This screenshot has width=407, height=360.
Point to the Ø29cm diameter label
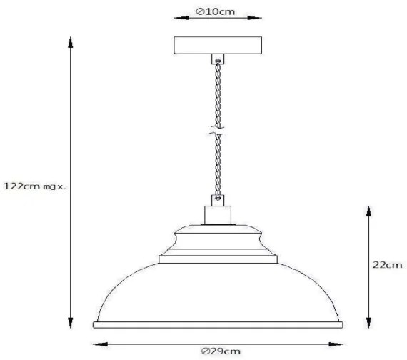pos(220,350)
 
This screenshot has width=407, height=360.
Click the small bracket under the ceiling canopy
pos(217,59)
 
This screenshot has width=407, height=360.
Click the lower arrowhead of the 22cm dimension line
pos(368,323)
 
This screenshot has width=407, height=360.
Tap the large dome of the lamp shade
pos(218,293)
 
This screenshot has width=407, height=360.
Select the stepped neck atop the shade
pos(218,246)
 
